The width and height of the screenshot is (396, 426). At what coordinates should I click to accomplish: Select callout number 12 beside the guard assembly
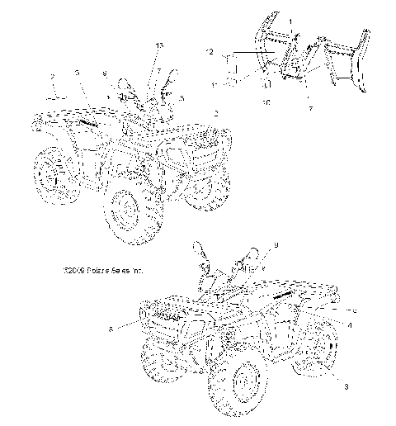211,51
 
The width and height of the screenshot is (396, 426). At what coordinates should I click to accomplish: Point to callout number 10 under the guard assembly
266,102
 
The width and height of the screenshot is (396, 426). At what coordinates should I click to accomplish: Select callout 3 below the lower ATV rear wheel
335,385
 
